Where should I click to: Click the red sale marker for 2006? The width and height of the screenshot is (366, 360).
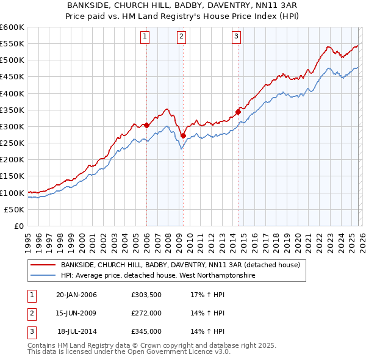pyautogui.click(x=146, y=125)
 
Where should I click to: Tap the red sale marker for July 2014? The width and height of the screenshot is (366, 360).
pyautogui.click(x=238, y=112)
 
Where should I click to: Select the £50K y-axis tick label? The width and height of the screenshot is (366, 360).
pyautogui.click(x=14, y=209)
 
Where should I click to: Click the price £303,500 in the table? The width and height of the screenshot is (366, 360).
pyautogui.click(x=146, y=295)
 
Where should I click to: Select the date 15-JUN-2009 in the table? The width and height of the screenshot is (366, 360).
pyautogui.click(x=76, y=313)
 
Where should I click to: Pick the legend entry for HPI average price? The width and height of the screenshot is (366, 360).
pyautogui.click(x=157, y=276)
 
